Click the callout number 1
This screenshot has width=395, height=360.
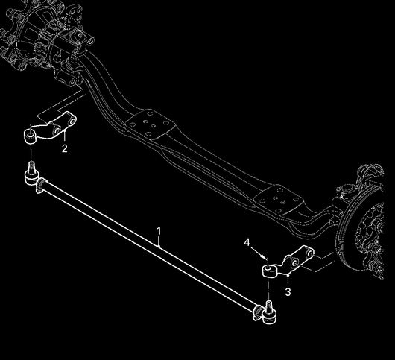pyautogui.click(x=159, y=231)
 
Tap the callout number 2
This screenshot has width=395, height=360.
pyautogui.click(x=65, y=148)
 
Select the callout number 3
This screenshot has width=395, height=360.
pyautogui.click(x=288, y=292)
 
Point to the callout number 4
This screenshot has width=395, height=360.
pyautogui.click(x=247, y=242)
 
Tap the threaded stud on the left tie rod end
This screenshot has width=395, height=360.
pyautogui.click(x=31, y=167)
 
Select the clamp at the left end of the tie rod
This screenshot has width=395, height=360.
pyautogui.click(x=40, y=185)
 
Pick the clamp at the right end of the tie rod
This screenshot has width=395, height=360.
pyautogui.click(x=257, y=313)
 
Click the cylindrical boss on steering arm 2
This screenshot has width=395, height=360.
pyautogui.click(x=30, y=136)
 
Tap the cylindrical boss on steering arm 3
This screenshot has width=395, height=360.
pyautogui.click(x=269, y=271)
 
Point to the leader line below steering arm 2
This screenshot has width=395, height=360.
pyautogui.click(x=65, y=136)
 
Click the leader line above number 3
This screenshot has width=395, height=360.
pyautogui.click(x=288, y=280)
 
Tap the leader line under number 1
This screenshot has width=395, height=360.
pyautogui.click(x=159, y=241)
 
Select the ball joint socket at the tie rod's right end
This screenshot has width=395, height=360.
pyautogui.click(x=269, y=317)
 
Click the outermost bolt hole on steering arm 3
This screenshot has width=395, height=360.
pyautogui.click(x=310, y=253)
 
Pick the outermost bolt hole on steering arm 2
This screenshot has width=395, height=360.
pyautogui.click(x=72, y=121)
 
